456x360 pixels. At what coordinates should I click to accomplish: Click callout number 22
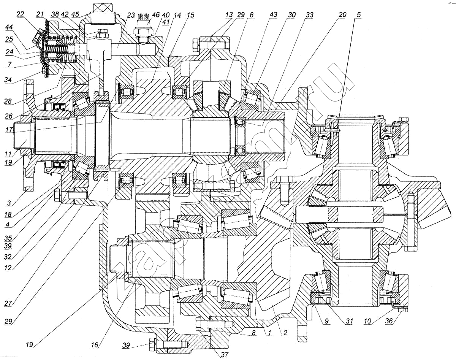[21, 14]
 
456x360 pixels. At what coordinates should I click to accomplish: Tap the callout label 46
[156, 14]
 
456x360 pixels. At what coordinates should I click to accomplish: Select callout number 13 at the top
[229, 15]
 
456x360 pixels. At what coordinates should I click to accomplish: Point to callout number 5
[359, 15]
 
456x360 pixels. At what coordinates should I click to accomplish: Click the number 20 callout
[342, 14]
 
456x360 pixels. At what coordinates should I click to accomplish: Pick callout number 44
[9, 27]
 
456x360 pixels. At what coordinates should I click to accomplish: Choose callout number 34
[8, 80]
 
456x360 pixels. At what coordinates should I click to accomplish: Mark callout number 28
[8, 101]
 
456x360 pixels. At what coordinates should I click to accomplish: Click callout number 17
[9, 129]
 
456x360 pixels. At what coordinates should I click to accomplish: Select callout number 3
[9, 203]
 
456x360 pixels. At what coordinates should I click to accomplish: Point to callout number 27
[8, 303]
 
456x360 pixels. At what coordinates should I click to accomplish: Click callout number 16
[95, 345]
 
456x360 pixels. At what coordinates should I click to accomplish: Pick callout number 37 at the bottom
[225, 354]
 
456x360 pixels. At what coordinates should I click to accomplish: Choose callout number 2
[285, 333]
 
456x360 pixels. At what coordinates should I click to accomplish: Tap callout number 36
[389, 321]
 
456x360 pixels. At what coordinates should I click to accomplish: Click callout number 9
[326, 321]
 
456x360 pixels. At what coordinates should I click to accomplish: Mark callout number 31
[349, 321]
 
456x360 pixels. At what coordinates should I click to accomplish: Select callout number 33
[309, 15]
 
